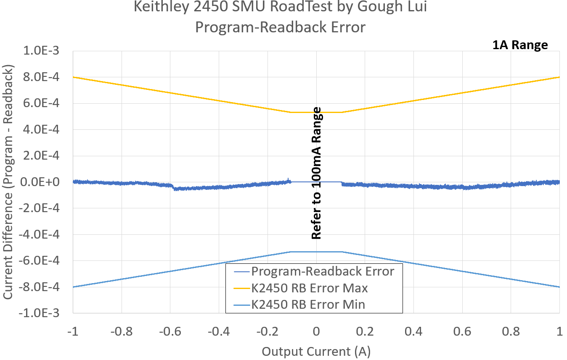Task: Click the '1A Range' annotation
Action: [x=520, y=45]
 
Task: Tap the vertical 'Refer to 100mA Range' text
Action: [x=316, y=173]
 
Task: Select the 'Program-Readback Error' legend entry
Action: [x=323, y=271]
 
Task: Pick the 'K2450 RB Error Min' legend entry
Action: [x=308, y=304]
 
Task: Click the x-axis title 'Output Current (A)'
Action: [x=316, y=351]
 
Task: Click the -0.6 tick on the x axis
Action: [x=170, y=331]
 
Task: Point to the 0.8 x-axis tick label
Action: [x=511, y=331]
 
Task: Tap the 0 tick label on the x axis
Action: [x=316, y=331]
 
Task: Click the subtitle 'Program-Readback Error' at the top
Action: [x=280, y=27]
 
